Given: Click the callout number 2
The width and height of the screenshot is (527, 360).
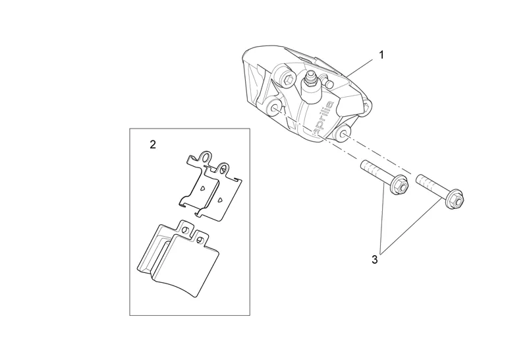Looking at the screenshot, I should (153, 144).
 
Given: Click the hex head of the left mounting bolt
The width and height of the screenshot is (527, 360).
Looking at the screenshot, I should (398, 187).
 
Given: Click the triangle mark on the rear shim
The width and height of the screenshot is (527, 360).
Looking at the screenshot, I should (203, 187).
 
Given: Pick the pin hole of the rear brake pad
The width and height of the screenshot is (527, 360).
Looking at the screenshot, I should (186, 228).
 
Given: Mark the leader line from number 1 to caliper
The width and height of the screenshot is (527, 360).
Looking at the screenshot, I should (362, 65).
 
